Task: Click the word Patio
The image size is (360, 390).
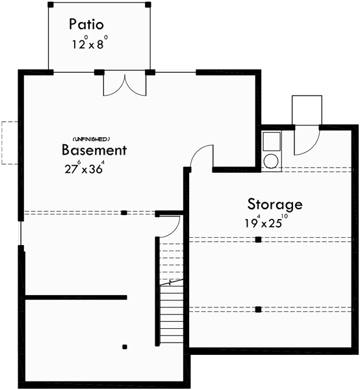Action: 86,25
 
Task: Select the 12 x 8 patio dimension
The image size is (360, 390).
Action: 89,45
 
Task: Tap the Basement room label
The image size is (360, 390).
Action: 94,150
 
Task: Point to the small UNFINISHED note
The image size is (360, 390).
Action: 90,139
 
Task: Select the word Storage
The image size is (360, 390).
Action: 274,204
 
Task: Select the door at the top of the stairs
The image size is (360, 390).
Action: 169,226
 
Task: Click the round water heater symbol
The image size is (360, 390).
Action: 270,161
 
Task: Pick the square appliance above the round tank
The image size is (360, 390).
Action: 270,141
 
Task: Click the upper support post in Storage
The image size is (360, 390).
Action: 258,240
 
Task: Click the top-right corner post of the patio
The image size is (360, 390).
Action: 149,5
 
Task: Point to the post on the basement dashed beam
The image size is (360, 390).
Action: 123,213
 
